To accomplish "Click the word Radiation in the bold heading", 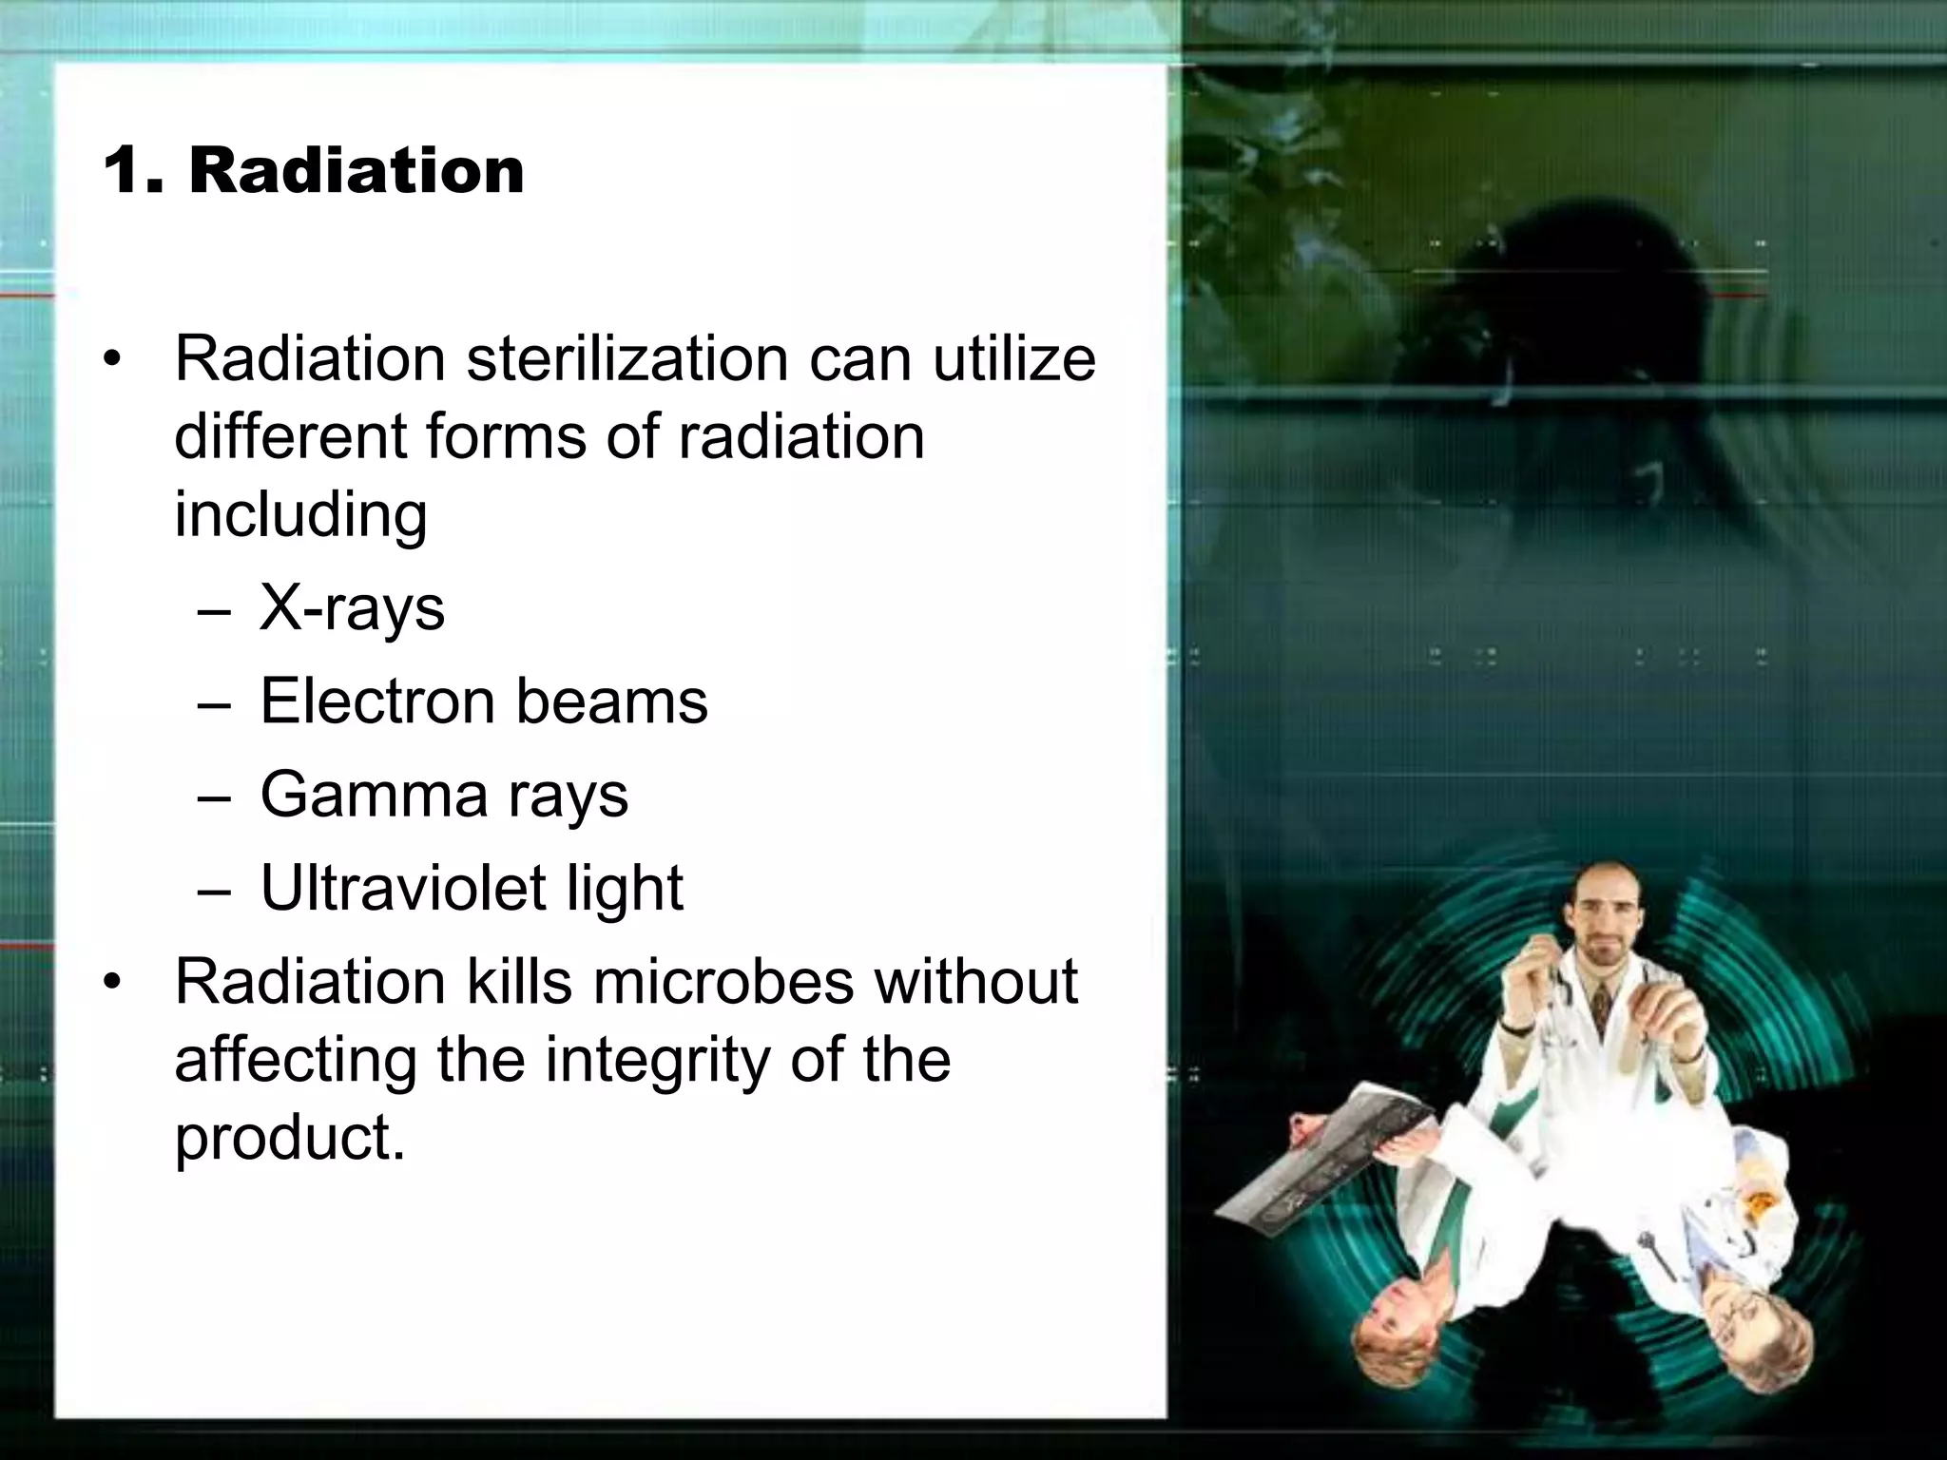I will (x=357, y=171).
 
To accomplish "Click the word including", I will (x=300, y=516).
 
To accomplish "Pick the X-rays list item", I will (x=352, y=608).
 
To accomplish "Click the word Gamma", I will (x=373, y=795).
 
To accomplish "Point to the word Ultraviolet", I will (x=403, y=888).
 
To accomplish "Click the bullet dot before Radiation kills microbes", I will (x=114, y=983).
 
